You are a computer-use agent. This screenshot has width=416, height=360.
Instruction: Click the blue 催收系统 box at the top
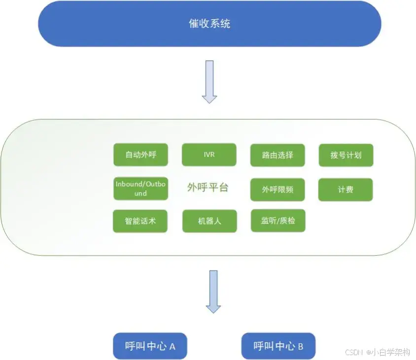[x=209, y=24]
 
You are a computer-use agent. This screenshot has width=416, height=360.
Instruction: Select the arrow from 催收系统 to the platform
[x=209, y=81]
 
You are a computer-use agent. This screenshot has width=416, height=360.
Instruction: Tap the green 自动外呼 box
[x=140, y=155]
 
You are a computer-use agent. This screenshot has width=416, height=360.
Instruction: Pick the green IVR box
[x=209, y=155]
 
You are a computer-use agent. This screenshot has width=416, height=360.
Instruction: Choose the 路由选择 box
[x=277, y=155]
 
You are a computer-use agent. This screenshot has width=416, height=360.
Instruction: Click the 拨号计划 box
[x=346, y=155]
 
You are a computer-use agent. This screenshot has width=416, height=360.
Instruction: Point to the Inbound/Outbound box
[x=140, y=189]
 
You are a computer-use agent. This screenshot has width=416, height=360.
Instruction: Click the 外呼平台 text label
[x=208, y=188]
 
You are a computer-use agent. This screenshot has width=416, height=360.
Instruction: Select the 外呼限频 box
[x=277, y=189]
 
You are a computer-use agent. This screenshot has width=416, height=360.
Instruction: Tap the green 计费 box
[x=346, y=189]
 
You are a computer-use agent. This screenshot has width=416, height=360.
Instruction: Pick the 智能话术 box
[x=140, y=221]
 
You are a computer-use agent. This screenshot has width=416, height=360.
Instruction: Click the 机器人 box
[x=209, y=221]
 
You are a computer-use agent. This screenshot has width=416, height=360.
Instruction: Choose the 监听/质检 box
[x=278, y=221]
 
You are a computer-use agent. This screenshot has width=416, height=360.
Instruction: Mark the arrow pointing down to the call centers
[x=213, y=292]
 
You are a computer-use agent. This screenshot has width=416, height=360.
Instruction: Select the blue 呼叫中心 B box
[x=278, y=346]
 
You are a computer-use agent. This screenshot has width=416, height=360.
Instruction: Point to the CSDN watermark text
[x=353, y=353]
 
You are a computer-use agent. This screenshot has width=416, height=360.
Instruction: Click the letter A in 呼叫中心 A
[x=173, y=347]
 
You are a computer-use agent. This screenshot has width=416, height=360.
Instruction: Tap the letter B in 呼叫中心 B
[x=300, y=347]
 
